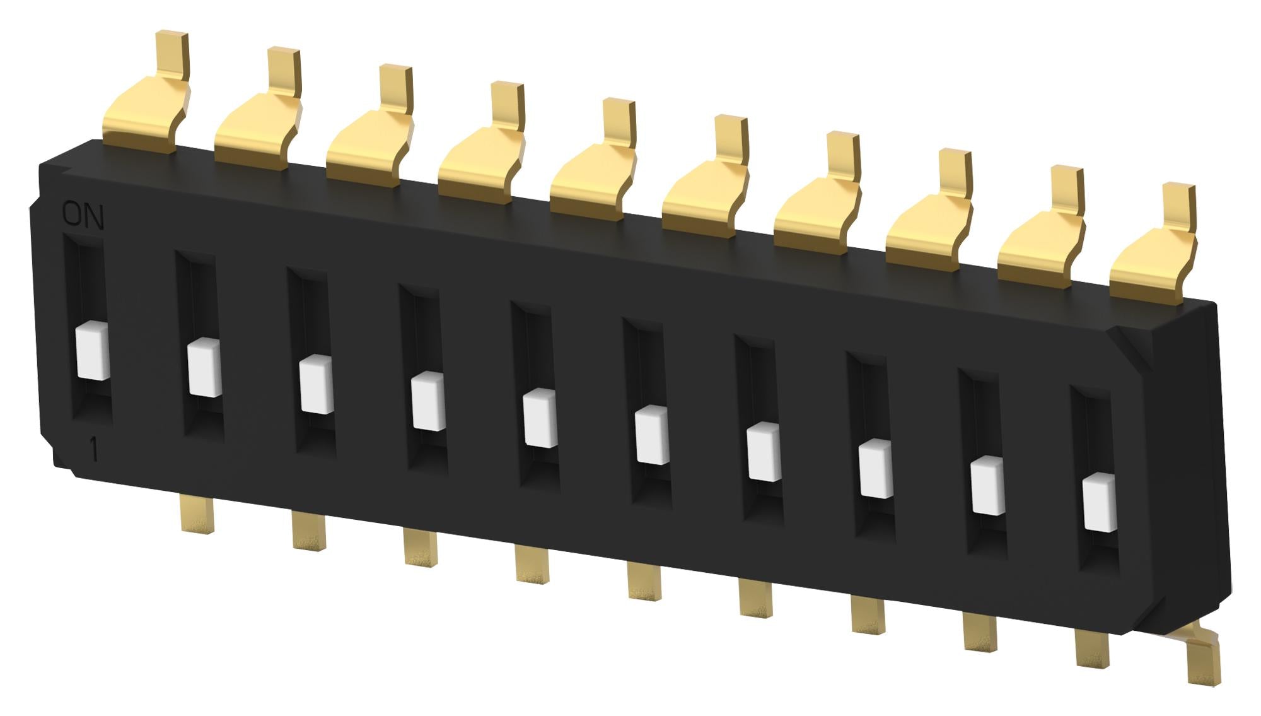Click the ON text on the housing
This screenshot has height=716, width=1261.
click(83, 216)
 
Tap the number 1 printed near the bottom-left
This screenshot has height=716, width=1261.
click(94, 451)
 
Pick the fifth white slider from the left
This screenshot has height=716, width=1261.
click(540, 418)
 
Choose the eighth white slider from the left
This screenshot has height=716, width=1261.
click(876, 469)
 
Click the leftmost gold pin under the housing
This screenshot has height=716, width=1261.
click(196, 513)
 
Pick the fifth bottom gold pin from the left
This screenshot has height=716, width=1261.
click(644, 580)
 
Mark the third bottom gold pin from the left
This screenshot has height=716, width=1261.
click(420, 546)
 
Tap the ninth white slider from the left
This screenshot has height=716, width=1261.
click(987, 486)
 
